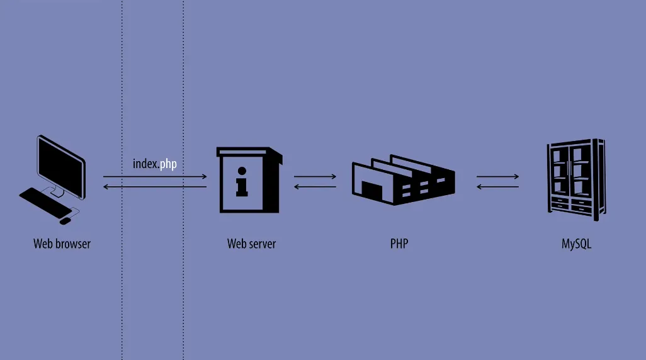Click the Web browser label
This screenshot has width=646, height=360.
tap(62, 244)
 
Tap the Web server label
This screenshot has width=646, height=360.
tap(251, 244)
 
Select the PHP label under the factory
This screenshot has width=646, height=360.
tap(399, 244)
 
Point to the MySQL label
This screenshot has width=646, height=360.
tap(576, 244)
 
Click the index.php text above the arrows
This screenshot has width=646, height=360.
tap(155, 164)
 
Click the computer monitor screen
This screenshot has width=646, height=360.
tap(61, 163)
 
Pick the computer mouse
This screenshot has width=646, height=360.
tap(65, 220)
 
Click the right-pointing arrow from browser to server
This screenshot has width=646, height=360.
tap(155, 177)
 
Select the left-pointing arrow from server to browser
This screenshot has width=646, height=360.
tap(155, 187)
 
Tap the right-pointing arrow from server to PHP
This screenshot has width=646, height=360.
tap(315, 177)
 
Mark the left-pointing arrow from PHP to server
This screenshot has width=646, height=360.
tap(315, 187)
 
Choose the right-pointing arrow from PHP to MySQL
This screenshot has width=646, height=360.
tap(497, 177)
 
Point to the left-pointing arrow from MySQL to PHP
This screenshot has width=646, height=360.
tap(497, 187)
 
